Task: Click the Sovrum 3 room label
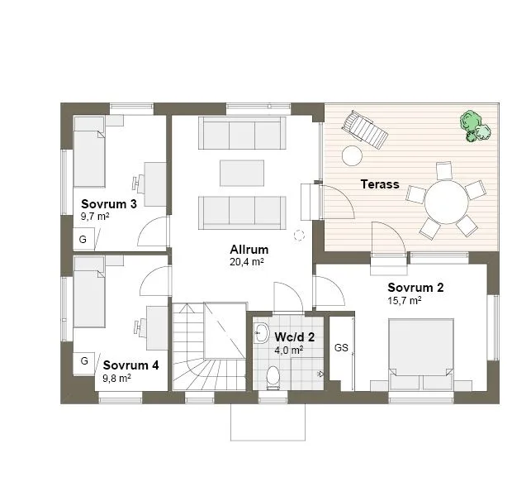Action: pyautogui.click(x=108, y=203)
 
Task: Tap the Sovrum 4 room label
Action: pyautogui.click(x=130, y=365)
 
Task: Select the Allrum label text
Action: pyautogui.click(x=249, y=249)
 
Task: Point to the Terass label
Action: pyautogui.click(x=380, y=184)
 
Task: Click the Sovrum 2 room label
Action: pyautogui.click(x=416, y=288)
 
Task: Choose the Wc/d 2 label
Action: pyautogui.click(x=295, y=336)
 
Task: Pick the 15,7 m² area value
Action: pyautogui.click(x=405, y=301)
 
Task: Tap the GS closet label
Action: pyautogui.click(x=341, y=348)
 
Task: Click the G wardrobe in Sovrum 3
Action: pyautogui.click(x=83, y=240)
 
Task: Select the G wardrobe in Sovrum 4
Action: pyautogui.click(x=84, y=361)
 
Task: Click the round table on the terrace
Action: pyautogui.click(x=447, y=201)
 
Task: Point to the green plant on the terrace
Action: pyautogui.click(x=474, y=126)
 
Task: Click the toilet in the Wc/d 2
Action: pyautogui.click(x=274, y=379)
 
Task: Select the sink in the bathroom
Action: pyautogui.click(x=262, y=334)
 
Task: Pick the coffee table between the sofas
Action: pyautogui.click(x=241, y=173)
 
